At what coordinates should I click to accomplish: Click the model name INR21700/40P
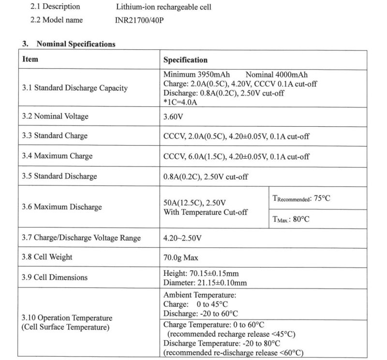138,20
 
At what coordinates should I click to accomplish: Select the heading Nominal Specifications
74,44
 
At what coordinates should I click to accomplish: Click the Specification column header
185,60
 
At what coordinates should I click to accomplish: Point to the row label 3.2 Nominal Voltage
55,117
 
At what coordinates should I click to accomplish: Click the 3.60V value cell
174,117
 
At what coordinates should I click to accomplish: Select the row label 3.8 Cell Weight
47,257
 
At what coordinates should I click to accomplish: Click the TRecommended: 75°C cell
302,198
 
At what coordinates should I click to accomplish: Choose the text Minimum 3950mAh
196,75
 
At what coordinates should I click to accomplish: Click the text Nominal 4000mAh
277,75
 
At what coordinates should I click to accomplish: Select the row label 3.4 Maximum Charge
57,156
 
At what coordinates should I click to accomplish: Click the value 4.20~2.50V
183,238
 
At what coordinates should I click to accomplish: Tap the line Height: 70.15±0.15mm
201,273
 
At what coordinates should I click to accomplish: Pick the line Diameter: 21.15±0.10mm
205,283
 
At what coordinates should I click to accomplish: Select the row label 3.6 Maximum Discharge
62,207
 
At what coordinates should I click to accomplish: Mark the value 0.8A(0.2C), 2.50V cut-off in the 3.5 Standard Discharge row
206,177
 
